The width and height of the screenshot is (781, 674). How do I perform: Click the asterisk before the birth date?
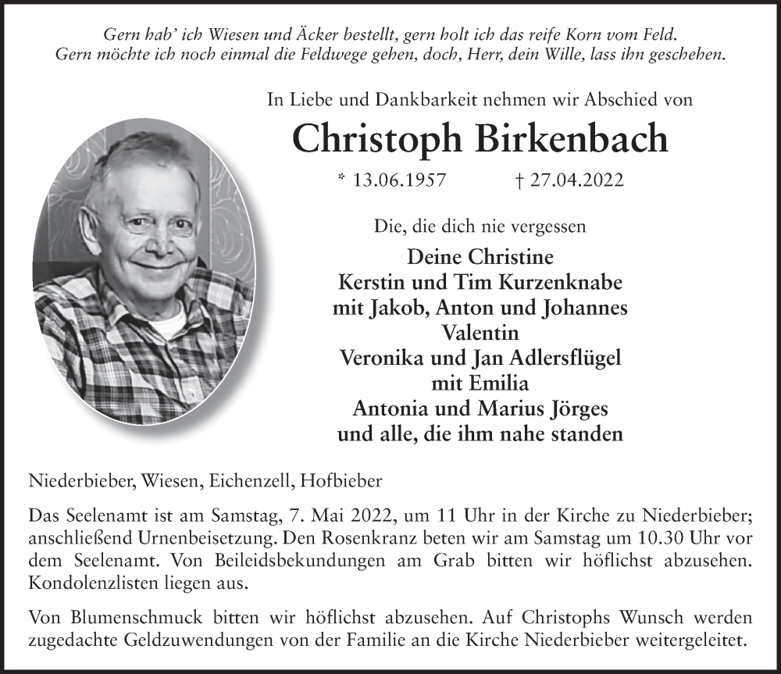click(x=341, y=180)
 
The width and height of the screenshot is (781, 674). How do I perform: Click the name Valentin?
click(x=480, y=333)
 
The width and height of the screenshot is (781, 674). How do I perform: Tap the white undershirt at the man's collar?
click(x=166, y=322)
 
